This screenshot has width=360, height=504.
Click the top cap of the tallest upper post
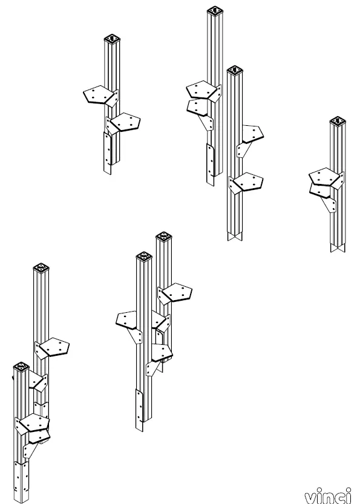(216, 11)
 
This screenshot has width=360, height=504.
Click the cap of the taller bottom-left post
(41, 269)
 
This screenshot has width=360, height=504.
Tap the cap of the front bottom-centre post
(144, 256)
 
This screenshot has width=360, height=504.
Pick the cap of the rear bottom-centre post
(163, 236)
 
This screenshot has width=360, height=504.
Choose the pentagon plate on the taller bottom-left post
(54, 348)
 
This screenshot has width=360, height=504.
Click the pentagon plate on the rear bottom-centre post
(177, 293)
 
